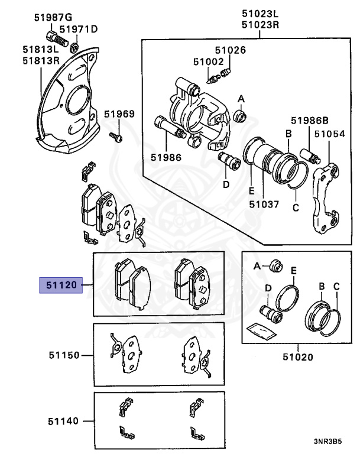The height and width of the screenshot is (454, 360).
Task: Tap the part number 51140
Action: [x=64, y=421]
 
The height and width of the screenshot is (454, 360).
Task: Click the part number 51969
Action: [x=119, y=114]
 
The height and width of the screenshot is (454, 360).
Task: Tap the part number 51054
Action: [x=329, y=135]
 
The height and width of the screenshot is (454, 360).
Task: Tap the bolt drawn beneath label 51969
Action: [x=117, y=138]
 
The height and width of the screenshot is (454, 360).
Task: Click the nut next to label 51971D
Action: [x=75, y=46]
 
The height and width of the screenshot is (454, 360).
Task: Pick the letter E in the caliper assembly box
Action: [x=251, y=192]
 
